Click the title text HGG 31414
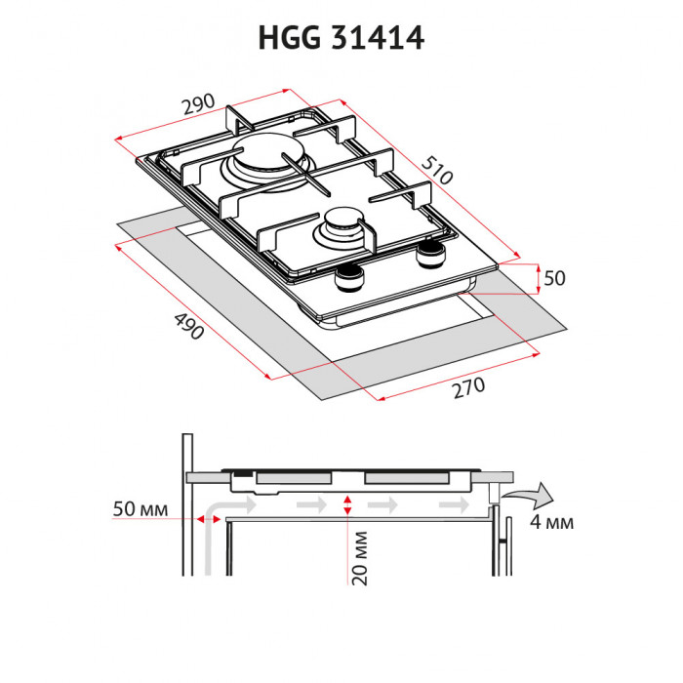point(341,38)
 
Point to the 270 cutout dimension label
point(467,387)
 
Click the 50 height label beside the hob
point(554,278)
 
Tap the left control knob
point(348,281)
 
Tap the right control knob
point(428,257)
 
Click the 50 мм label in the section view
point(141,510)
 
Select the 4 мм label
point(551,523)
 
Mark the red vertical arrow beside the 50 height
point(539,278)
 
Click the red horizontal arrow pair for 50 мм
point(207,519)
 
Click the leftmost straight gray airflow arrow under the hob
point(311,505)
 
